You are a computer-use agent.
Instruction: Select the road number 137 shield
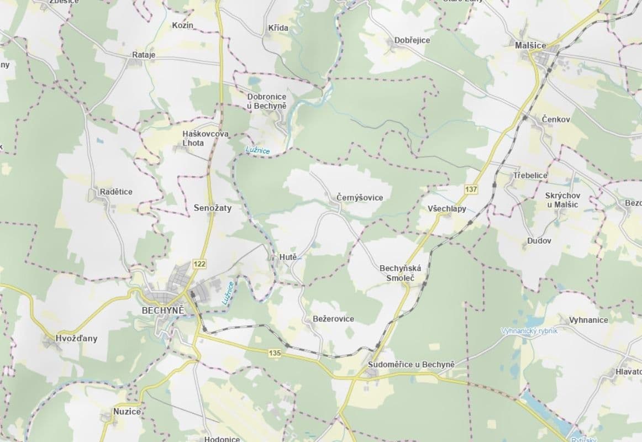pyautogui.click(x=471, y=190)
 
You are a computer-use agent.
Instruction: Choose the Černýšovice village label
pyautogui.click(x=360, y=197)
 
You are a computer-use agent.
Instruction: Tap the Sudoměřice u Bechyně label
pyautogui.click(x=411, y=365)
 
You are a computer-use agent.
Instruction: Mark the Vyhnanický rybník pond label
pyautogui.click(x=529, y=331)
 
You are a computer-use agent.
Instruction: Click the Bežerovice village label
pyautogui.click(x=333, y=319)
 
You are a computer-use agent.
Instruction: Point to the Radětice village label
pyautogui.click(x=116, y=192)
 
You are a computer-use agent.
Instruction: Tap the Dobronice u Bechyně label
pyautogui.click(x=267, y=101)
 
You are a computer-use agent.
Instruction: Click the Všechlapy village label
pyautogui.click(x=447, y=209)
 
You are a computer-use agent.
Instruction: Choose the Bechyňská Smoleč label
pyautogui.click(x=400, y=273)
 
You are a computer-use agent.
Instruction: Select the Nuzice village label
pyautogui.click(x=127, y=412)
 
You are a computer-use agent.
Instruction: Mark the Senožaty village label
pyautogui.click(x=213, y=208)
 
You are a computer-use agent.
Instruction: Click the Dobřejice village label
pyautogui.click(x=412, y=40)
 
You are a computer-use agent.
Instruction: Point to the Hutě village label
pyautogui.click(x=288, y=257)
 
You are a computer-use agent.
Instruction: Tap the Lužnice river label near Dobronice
pyautogui.click(x=258, y=150)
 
